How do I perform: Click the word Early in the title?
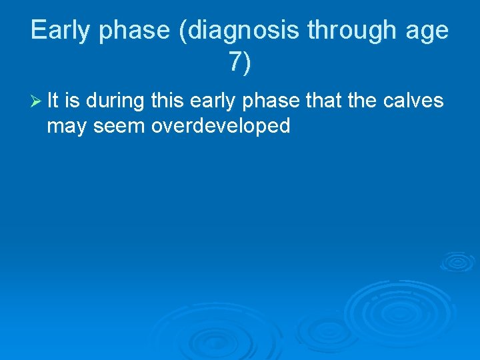click(x=58, y=31)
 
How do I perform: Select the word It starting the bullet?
click(x=53, y=100)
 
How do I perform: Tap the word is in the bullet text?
click(x=73, y=100)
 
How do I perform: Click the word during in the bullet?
click(x=114, y=100)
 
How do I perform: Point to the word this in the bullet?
click(x=168, y=100)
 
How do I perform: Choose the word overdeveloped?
click(x=221, y=125)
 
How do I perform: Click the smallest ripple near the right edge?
click(x=457, y=261)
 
